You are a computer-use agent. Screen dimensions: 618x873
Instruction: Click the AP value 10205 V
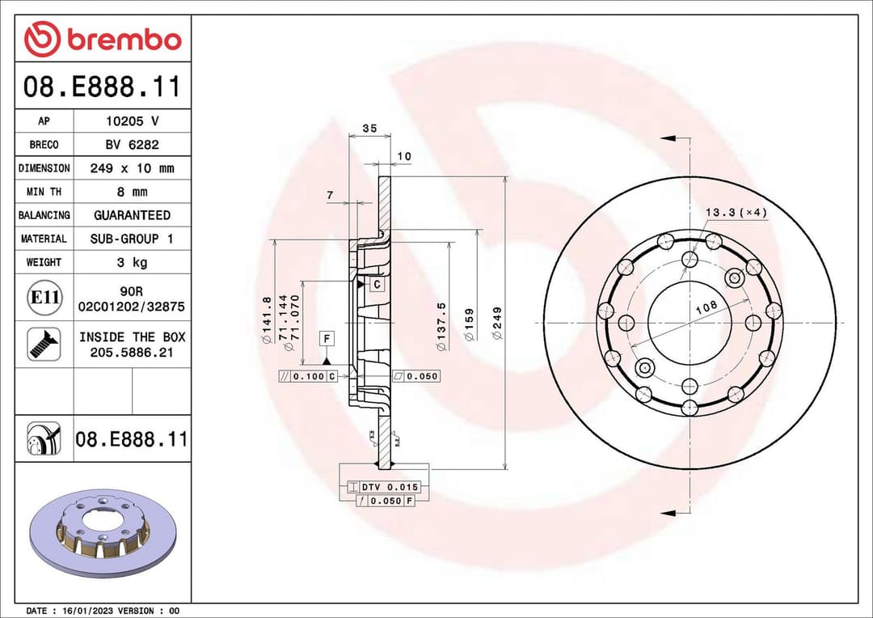132,121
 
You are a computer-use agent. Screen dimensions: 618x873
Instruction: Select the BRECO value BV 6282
132,145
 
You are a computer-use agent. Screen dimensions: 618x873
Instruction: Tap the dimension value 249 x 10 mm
132,168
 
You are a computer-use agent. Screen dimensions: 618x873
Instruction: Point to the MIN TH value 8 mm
132,192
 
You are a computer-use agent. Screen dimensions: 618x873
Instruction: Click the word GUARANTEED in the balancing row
132,215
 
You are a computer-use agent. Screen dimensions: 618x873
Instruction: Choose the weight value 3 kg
132,262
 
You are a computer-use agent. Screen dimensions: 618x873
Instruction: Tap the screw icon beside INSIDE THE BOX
44,344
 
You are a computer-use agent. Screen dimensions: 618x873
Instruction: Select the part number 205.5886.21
132,353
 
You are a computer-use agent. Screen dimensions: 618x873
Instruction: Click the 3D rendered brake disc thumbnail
102,531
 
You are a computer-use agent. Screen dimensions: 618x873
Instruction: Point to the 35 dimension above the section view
369,128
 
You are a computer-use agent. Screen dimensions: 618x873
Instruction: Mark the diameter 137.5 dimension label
441,326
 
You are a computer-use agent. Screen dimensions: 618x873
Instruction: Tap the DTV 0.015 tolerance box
384,487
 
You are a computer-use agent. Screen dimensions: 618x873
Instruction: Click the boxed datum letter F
327,337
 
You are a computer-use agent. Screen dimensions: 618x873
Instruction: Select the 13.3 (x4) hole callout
736,212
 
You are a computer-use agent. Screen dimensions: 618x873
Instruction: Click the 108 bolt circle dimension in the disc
706,308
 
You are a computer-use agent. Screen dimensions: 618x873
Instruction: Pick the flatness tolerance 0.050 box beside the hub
415,376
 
